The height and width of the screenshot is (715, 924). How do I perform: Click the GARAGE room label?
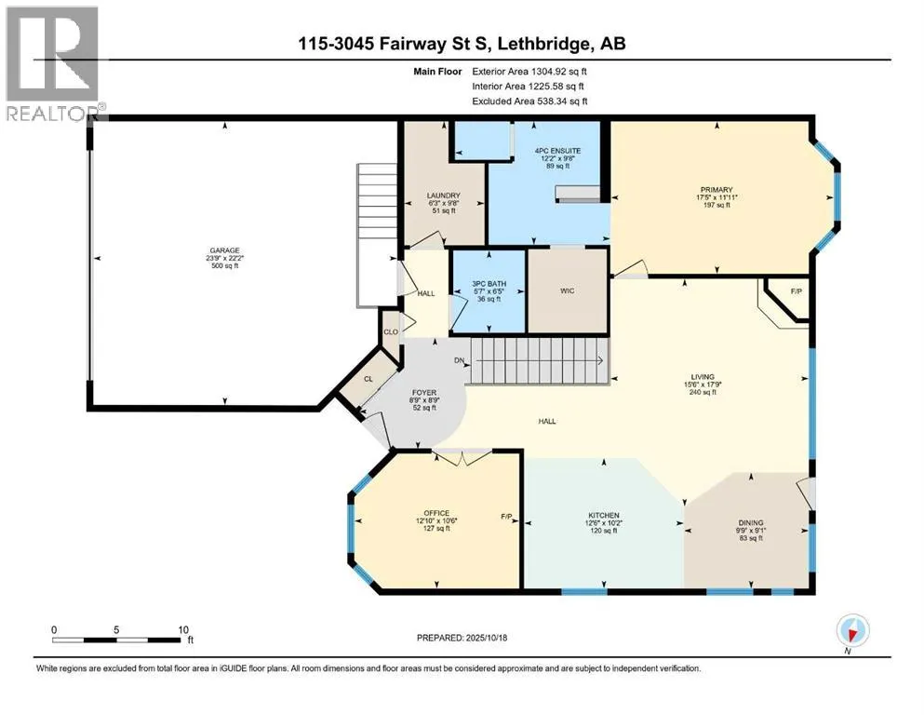pyautogui.click(x=224, y=250)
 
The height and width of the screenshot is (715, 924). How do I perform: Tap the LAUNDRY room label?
pyautogui.click(x=443, y=196)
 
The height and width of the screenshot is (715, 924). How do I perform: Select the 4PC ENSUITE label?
pyautogui.click(x=557, y=151)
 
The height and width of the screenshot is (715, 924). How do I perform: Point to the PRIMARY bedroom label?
pyautogui.click(x=716, y=190)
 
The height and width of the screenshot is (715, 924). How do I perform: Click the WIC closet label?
pyautogui.click(x=567, y=290)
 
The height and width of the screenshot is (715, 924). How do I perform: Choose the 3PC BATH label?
pyautogui.click(x=489, y=284)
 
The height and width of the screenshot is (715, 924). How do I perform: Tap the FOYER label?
pyautogui.click(x=424, y=393)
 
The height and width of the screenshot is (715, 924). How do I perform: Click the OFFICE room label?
pyautogui.click(x=436, y=513)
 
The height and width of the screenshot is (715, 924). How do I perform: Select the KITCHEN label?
pyautogui.click(x=603, y=515)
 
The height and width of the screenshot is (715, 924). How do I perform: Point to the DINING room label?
pyautogui.click(x=751, y=523)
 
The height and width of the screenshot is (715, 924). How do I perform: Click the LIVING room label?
pyautogui.click(x=703, y=377)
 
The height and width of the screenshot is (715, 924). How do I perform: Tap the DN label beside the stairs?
pyautogui.click(x=459, y=360)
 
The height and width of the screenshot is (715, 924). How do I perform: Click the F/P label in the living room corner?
pyautogui.click(x=797, y=291)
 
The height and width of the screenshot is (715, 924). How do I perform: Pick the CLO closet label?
pyautogui.click(x=391, y=331)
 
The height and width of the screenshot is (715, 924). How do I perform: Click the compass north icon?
pyautogui.click(x=852, y=630)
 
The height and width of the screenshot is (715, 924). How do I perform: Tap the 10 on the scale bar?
pyautogui.click(x=183, y=629)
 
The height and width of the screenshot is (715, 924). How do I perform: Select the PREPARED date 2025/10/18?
pyautogui.click(x=486, y=638)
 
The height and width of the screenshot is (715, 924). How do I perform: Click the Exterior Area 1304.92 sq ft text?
pyautogui.click(x=529, y=72)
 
